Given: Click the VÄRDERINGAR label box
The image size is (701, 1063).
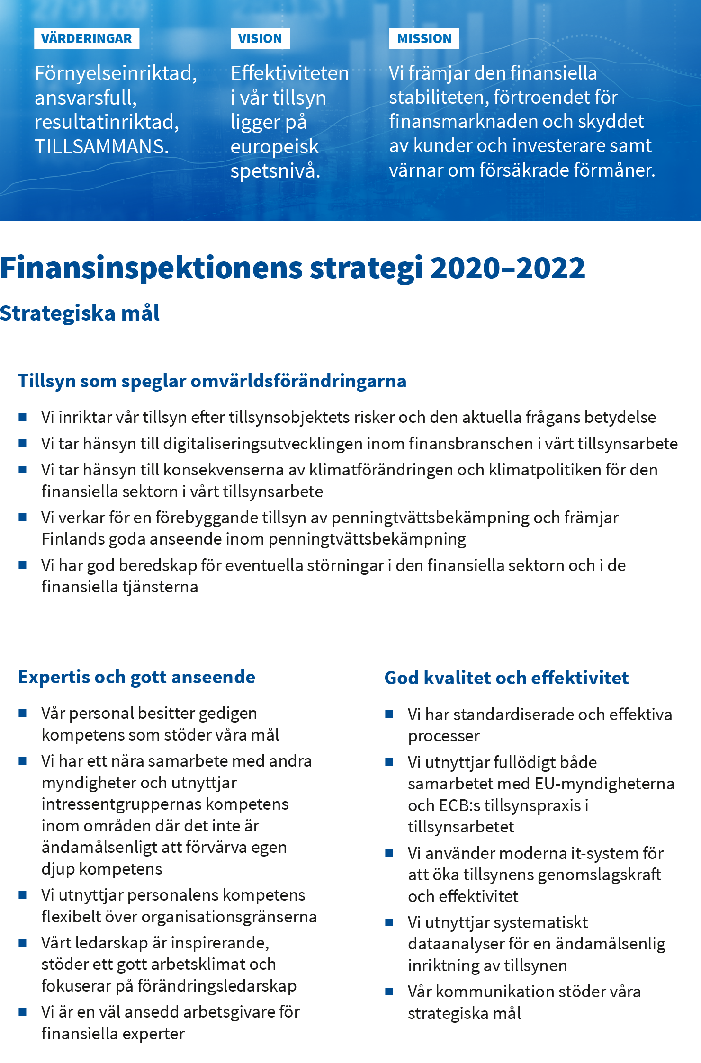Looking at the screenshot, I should point(87,39).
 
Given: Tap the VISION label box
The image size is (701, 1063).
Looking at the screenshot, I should point(260,39).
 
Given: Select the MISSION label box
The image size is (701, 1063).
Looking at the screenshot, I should point(424,39).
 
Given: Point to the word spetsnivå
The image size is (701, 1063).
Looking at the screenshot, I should point(275,171).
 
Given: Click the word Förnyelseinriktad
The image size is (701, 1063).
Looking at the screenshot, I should point(115,74).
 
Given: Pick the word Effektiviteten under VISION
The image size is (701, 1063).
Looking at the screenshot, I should point(289,74).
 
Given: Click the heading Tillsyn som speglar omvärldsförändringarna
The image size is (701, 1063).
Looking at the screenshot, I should point(212,381).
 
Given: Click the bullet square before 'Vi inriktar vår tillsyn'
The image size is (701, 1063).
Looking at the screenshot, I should point(22,417).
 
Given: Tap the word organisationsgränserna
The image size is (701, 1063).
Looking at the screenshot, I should point(229,917).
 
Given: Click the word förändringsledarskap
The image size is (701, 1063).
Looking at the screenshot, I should point(216,986).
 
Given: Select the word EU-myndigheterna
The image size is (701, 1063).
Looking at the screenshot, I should point(604,784).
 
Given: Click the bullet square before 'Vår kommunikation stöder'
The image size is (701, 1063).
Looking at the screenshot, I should point(389,992).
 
